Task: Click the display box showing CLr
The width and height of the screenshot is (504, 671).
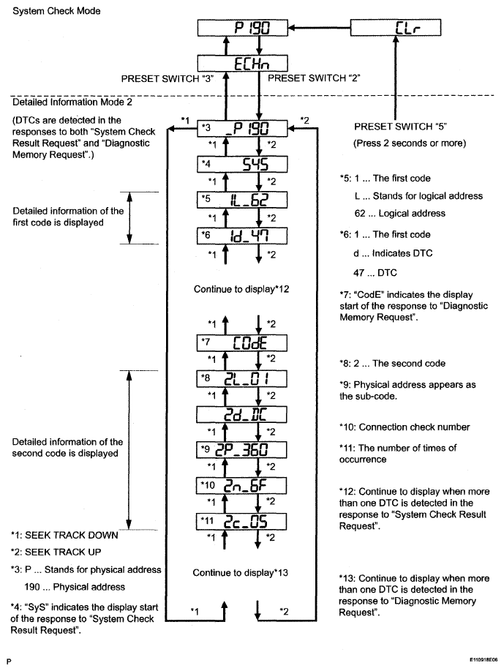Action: [397, 28]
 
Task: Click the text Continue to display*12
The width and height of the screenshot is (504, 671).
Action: [242, 289]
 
